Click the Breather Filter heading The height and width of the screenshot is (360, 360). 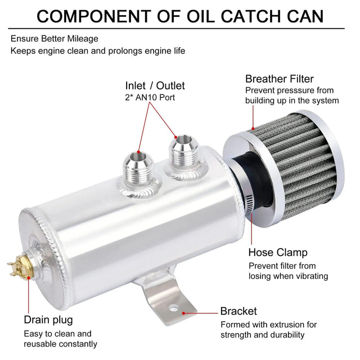279,79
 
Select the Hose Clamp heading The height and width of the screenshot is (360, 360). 278,253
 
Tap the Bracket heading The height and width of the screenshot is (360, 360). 238,311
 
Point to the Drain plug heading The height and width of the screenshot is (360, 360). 48,320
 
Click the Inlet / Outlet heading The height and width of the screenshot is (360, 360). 155,86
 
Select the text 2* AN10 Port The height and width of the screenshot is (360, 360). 151,98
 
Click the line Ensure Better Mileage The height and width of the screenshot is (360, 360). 54,39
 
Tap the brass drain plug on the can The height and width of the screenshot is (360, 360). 22,263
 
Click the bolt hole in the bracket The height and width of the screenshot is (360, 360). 174,308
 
